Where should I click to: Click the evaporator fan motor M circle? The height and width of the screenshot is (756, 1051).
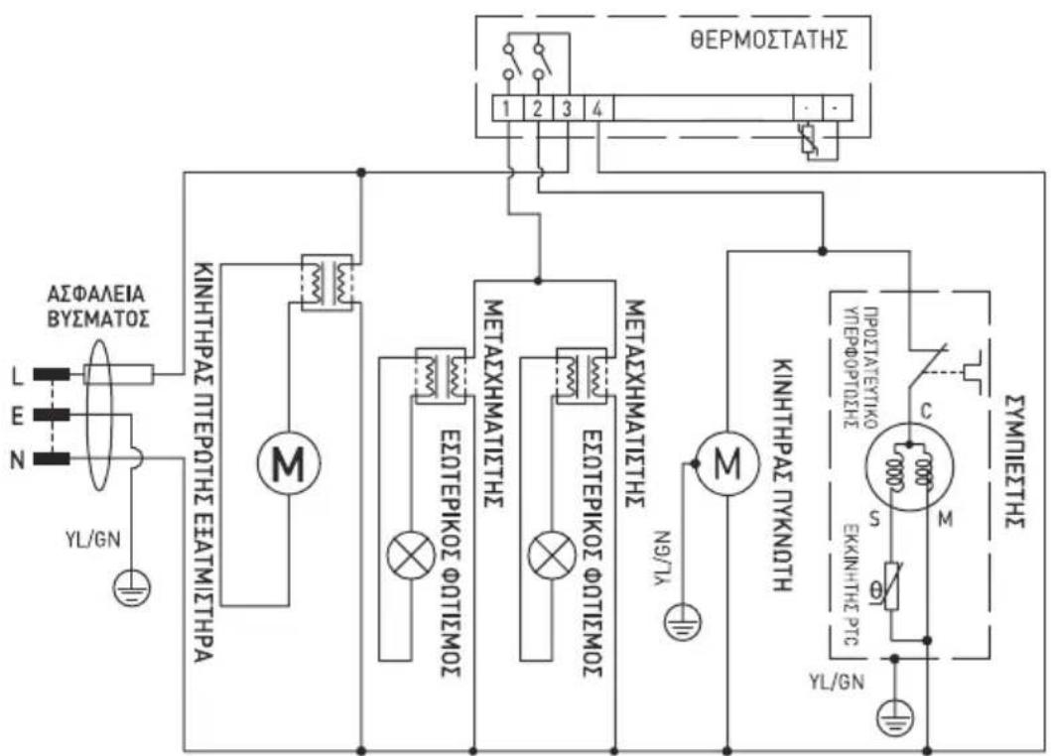point(286,462)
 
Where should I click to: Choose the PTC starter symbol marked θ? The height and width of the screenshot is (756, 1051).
point(896,597)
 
